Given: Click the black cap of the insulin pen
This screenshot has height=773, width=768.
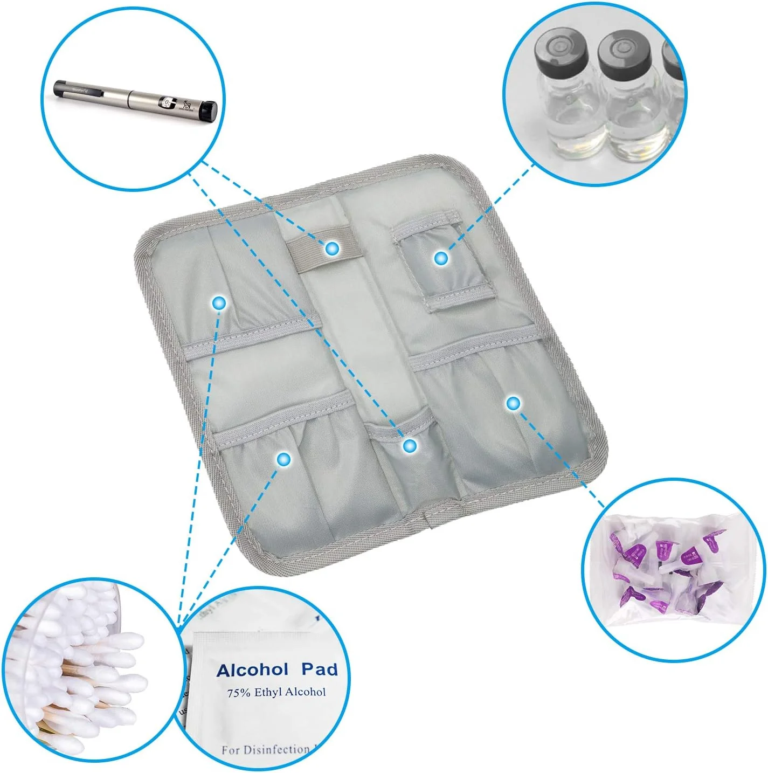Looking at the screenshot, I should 207,110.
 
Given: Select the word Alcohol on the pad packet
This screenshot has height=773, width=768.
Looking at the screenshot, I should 252,670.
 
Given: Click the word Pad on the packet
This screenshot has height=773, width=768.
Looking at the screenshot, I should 319,669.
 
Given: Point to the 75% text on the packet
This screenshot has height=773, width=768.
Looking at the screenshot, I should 239,693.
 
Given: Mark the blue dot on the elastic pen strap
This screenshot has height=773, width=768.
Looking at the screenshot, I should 332,248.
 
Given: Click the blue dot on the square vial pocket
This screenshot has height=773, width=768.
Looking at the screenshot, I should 441,258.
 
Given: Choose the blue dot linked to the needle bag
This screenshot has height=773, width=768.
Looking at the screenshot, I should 513,402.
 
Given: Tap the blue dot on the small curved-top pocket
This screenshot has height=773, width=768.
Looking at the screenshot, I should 410,445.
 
